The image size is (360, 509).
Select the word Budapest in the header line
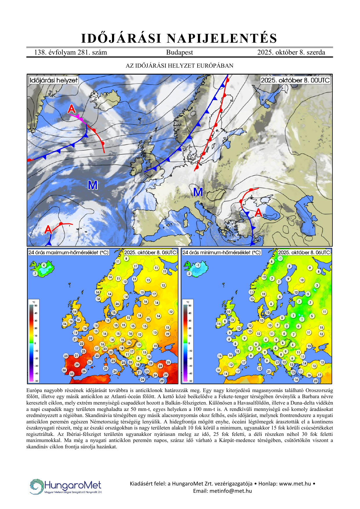coord(179,52)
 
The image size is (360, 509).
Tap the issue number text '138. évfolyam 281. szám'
coord(70,52)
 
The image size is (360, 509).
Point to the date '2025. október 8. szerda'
coord(291,52)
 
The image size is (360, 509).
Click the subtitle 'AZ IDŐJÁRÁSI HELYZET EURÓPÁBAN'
coord(179,66)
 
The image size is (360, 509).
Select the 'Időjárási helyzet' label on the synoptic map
coord(54,80)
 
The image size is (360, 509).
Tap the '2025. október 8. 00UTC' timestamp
coord(295,80)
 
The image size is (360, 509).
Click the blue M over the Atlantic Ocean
coord(93,185)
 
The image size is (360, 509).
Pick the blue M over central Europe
coord(198,192)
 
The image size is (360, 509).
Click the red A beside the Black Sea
coord(258,213)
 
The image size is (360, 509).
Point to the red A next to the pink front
coord(71,109)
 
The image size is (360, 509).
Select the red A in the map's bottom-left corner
coord(48,230)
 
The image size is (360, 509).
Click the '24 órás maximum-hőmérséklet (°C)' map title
coord(68,252)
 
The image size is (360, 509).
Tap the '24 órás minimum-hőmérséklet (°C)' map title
coord(222,252)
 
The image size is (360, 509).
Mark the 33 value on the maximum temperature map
coord(72,374)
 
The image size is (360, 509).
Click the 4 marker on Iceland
coord(44,265)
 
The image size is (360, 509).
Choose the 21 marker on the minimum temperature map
coord(269,371)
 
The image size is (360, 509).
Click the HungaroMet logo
coord(66,486)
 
